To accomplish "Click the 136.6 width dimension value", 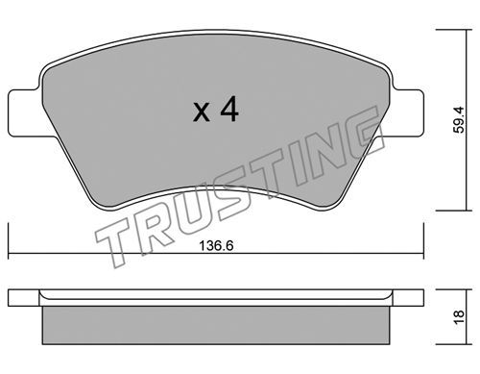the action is pos(216,246).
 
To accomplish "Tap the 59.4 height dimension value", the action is pos(460,119).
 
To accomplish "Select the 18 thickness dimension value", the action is pos(460,317).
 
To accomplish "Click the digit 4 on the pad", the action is pos(229,109).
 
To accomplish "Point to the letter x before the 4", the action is pos(202,112).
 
